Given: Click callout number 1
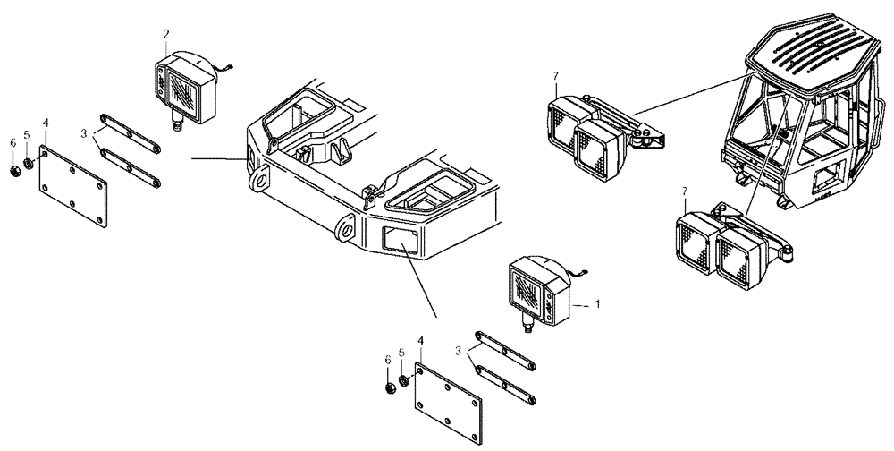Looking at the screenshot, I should point(597,303).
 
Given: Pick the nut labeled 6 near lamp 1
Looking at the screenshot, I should point(390,387).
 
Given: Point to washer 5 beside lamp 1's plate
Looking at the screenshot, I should point(404,382).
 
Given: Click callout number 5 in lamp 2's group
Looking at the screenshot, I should point(27,136).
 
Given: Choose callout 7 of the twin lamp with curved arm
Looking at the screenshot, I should point(683,192).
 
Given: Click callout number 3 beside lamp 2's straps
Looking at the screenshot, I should point(84,133).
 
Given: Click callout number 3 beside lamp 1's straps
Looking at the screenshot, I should point(458,352).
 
